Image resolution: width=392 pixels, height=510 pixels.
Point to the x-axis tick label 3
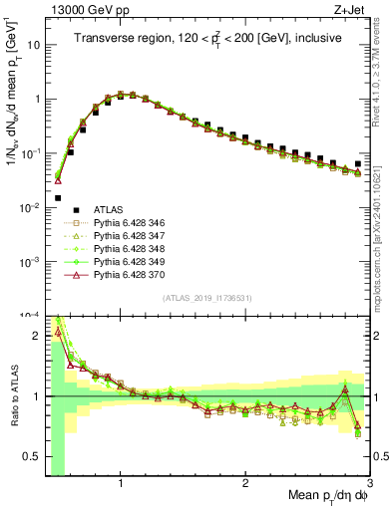(371, 483)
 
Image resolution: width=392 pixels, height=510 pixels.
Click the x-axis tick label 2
(245, 483)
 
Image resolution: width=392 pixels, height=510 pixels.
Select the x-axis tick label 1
(121, 483)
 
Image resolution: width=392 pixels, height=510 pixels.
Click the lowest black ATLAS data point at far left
(58, 198)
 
